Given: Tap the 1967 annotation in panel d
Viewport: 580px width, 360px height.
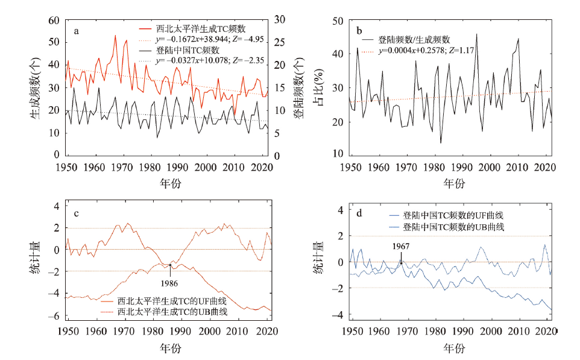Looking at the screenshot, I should (400, 247).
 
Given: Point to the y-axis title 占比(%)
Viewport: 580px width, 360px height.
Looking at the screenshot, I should (319, 88).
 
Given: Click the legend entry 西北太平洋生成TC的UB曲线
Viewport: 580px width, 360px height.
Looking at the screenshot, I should (172, 312).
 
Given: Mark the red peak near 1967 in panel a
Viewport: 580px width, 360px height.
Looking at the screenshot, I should (115, 36).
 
